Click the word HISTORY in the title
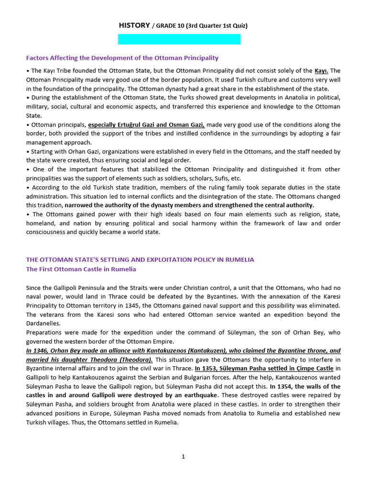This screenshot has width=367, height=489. (x=134, y=25)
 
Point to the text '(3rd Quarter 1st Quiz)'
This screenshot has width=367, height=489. (x=218, y=26)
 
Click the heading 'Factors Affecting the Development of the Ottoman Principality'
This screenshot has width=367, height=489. (x=122, y=58)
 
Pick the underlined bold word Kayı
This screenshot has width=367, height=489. (x=321, y=71)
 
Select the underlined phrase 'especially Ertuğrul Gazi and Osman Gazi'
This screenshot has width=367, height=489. (x=146, y=125)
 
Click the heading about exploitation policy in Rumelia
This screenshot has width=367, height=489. (x=140, y=259)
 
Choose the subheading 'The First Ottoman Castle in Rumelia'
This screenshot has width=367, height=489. (x=81, y=269)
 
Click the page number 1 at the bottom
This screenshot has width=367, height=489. (x=183, y=457)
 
